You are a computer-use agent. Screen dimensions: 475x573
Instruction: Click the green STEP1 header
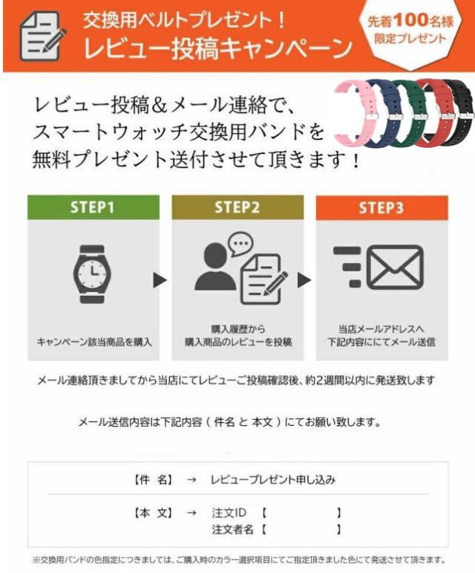tap(94, 207)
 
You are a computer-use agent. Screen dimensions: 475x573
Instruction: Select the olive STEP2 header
tap(237, 207)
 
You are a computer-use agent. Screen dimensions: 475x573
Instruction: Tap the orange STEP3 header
tap(382, 208)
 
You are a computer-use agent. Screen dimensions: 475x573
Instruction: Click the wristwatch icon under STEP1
tap(92, 274)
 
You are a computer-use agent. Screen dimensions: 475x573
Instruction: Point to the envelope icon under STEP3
tap(395, 267)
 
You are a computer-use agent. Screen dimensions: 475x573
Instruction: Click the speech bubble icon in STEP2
tap(240, 244)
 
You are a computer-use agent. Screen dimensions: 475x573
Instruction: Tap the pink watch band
tap(355, 114)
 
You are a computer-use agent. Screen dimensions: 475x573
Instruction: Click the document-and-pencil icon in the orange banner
tap(42, 36)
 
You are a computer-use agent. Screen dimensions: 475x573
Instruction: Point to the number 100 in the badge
tap(410, 20)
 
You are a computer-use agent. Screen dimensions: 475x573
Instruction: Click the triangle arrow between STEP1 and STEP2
tap(160, 280)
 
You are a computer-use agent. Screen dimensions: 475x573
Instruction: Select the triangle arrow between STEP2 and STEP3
tap(304, 280)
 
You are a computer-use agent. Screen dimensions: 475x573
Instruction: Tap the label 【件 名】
tap(153, 479)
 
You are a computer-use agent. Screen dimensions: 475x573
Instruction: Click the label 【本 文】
tap(153, 513)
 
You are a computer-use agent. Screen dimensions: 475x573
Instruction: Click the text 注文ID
tap(229, 513)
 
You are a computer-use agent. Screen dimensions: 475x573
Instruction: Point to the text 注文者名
tap(233, 529)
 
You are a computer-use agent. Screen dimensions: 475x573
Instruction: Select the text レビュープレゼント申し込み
tap(273, 479)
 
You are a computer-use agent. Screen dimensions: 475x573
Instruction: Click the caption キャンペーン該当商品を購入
tap(94, 342)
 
